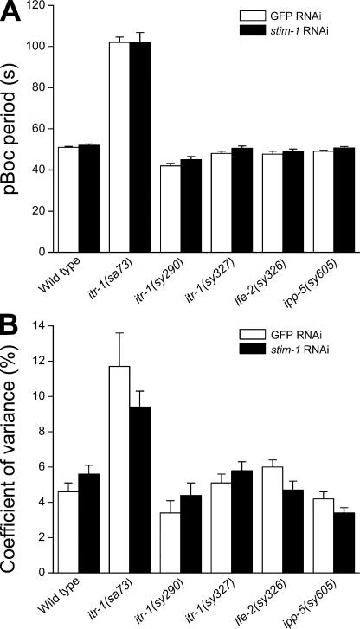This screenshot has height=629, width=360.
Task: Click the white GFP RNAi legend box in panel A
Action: (x=253, y=15)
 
